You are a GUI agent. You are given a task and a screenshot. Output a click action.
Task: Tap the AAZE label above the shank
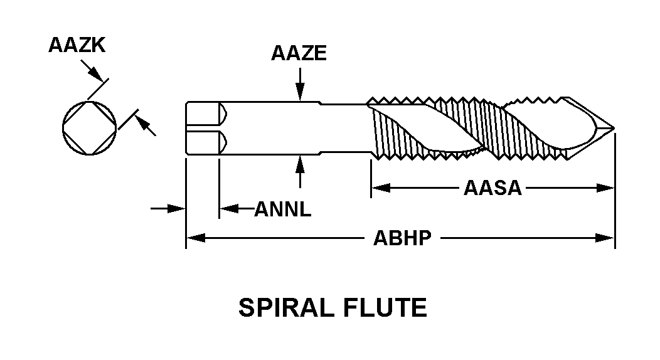[x=299, y=53]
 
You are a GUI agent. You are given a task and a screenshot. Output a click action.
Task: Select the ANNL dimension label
[x=282, y=209]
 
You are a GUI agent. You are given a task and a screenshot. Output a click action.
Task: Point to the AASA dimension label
[x=492, y=188]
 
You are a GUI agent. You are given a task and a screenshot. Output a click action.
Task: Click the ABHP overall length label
[x=402, y=238]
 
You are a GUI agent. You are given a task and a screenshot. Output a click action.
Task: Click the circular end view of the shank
[x=90, y=127]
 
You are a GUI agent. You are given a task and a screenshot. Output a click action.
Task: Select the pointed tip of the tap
[x=612, y=129]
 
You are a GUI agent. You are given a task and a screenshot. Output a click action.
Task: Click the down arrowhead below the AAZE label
[x=301, y=95]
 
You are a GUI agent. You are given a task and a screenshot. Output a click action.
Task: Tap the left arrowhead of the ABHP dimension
[x=193, y=238]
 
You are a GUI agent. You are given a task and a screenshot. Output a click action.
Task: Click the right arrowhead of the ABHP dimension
[x=607, y=238]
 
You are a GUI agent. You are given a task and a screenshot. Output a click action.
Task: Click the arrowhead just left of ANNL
[x=226, y=208]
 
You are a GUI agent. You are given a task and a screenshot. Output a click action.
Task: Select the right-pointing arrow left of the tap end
[x=179, y=208]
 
